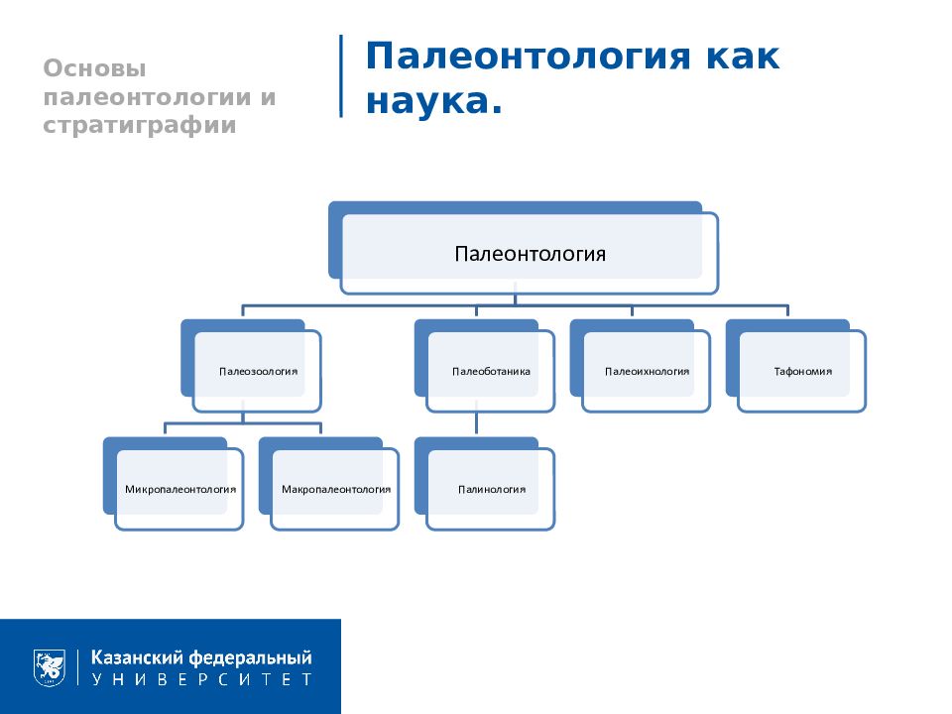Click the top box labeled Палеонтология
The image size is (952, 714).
pos(530,254)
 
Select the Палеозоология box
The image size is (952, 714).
pos(258,372)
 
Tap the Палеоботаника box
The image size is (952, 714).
pos(491,372)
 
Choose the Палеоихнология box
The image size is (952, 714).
pos(647,372)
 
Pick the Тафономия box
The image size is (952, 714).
pos(802,372)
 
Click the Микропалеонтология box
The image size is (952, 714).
pos(179,489)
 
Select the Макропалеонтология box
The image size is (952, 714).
pos(335,489)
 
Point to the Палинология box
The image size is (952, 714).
pos(491,489)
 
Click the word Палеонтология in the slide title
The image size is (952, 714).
pos(527,58)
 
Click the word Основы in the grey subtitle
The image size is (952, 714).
pos(94,69)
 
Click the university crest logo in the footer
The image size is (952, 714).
pos(50,666)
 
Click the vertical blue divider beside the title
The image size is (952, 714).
pos(341,76)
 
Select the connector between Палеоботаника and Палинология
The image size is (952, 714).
pos(476,424)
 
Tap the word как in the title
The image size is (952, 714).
pos(743,58)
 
